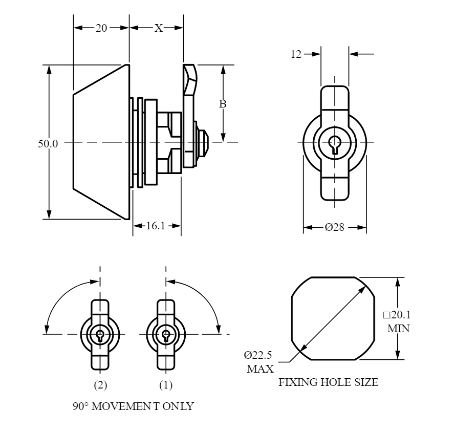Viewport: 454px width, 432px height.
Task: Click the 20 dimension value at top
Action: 101,29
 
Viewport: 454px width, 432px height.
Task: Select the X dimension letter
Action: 159,29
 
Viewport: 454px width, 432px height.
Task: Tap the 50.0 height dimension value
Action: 48,144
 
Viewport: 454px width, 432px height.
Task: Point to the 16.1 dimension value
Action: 156,226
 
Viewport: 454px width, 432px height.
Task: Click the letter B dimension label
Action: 223,104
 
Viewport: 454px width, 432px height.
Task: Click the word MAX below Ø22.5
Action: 260,368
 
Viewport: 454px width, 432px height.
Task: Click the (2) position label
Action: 100,383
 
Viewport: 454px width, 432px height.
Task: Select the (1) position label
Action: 166,383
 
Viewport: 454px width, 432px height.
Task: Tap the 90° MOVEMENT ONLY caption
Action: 134,407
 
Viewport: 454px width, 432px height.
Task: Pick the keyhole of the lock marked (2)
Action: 100,335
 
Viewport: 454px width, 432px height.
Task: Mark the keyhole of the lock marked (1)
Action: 166,335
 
